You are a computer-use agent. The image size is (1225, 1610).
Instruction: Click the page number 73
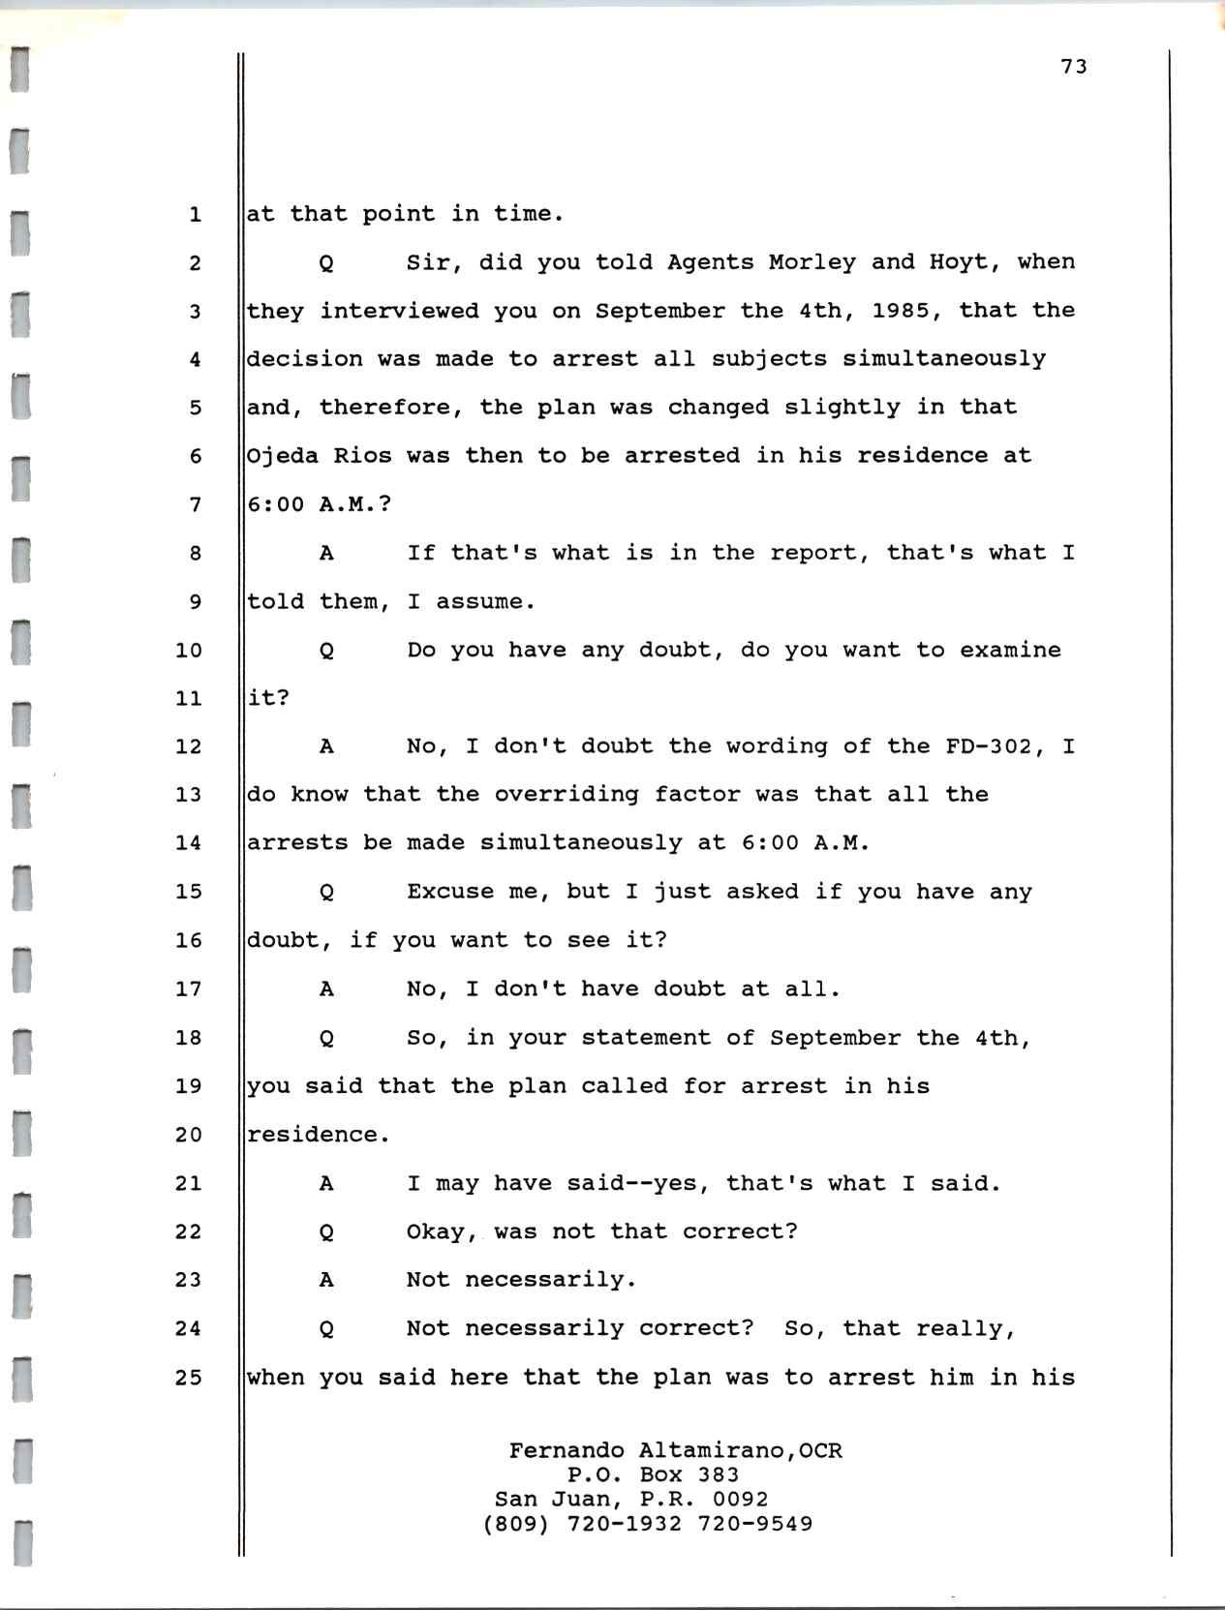1074,66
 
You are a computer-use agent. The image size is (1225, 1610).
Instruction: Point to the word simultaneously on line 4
943,359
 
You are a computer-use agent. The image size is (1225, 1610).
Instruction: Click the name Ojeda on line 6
283,456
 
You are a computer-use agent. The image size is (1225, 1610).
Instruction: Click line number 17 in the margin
188,988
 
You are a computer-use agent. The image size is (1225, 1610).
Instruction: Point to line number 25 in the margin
188,1377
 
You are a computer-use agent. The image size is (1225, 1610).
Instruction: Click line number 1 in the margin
195,214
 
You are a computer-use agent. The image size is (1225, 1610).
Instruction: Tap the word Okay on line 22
442,1231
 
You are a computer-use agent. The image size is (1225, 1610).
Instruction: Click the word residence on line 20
318,1135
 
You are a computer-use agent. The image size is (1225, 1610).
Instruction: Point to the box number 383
718,1474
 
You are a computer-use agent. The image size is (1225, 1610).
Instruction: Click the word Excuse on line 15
449,892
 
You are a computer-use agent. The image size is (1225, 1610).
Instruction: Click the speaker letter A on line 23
326,1280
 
